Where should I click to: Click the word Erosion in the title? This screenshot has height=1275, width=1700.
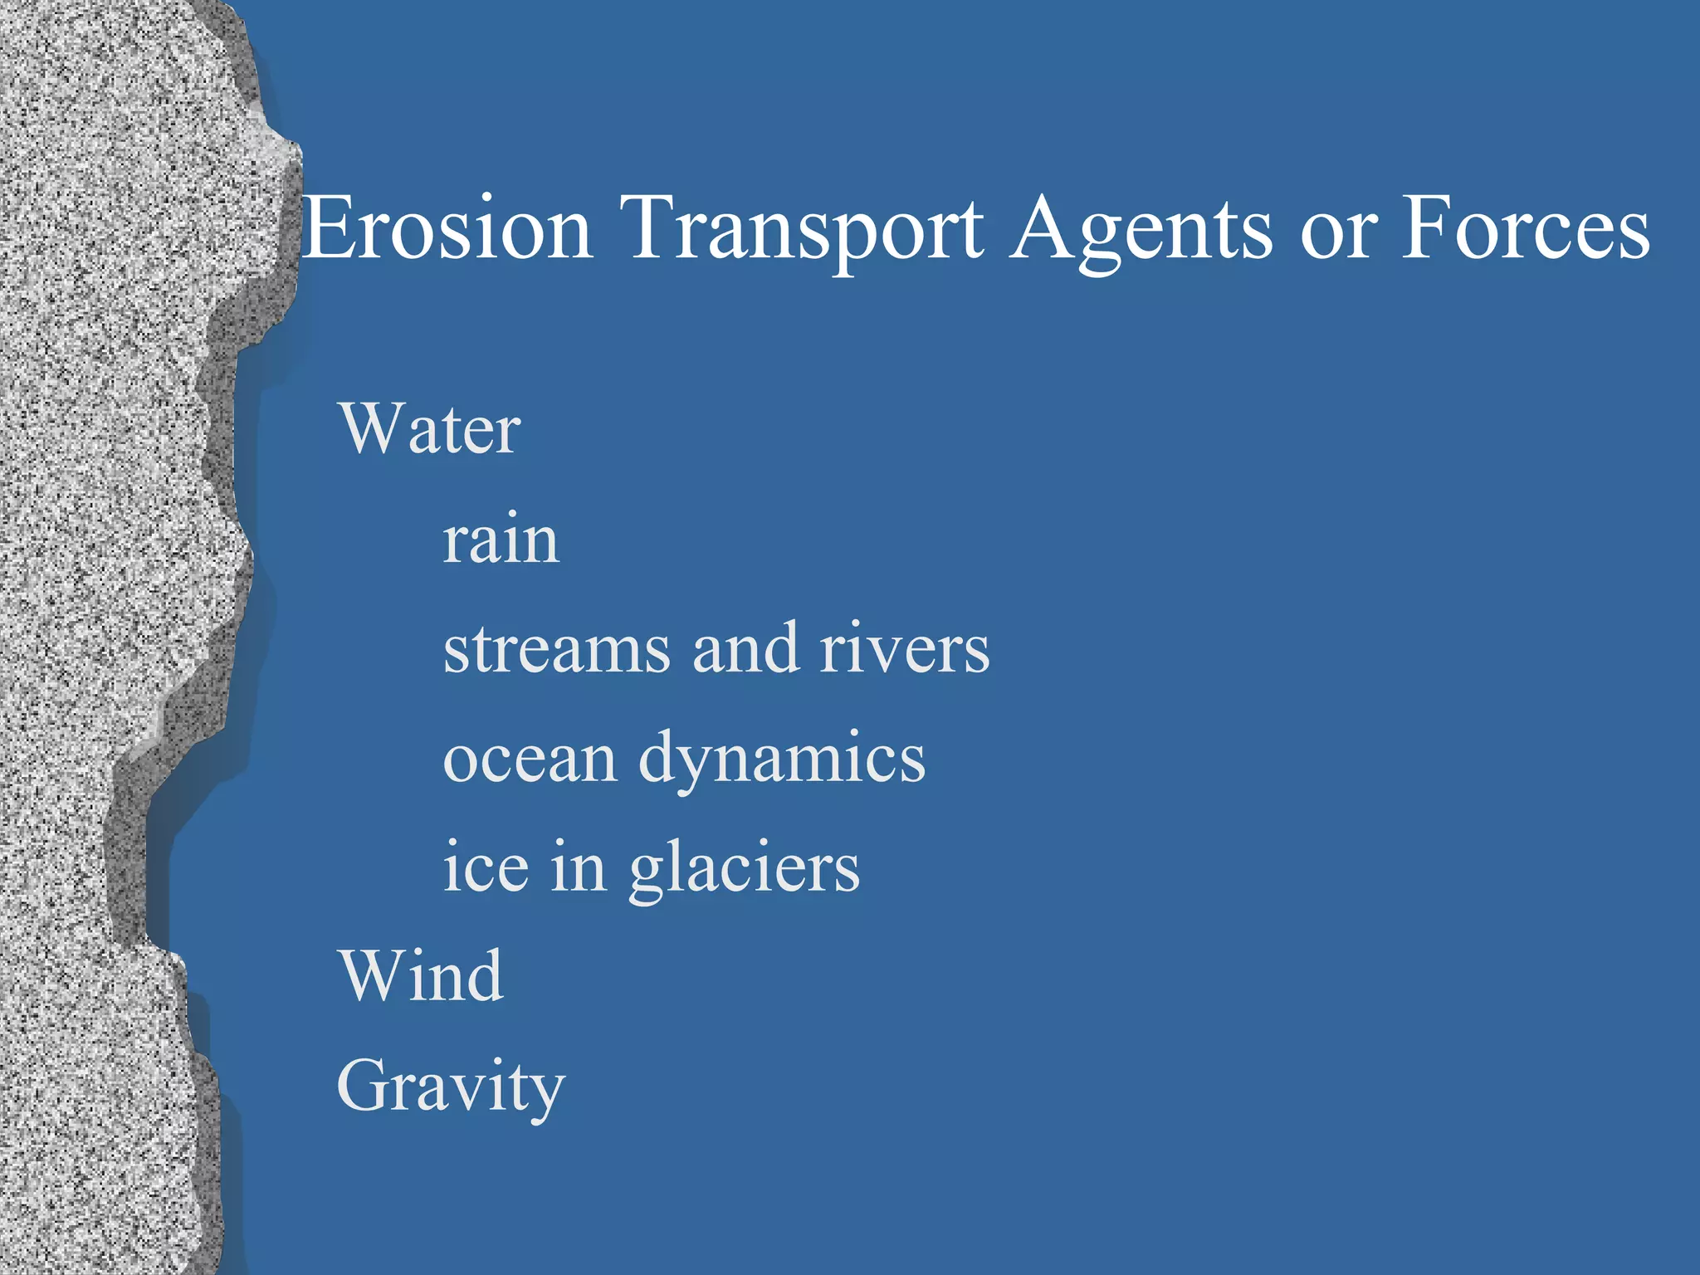448,228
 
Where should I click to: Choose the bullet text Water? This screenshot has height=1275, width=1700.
430,429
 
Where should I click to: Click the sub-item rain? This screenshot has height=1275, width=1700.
501,541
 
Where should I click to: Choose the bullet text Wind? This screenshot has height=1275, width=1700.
421,976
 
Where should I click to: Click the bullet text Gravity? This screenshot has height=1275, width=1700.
451,1087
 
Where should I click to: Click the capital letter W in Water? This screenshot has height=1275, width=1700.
370,429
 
